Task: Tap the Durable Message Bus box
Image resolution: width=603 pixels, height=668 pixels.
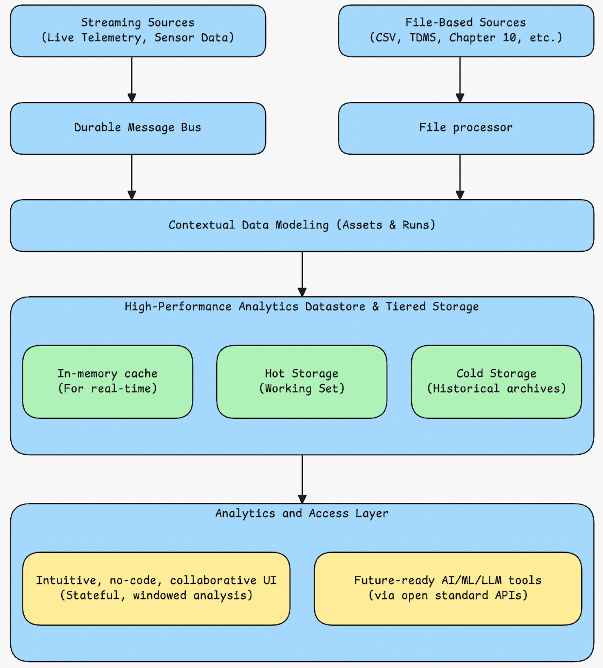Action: pos(138,128)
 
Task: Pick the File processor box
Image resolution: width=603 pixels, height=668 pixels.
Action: pos(466,128)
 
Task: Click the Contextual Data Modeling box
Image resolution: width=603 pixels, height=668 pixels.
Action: pos(302,225)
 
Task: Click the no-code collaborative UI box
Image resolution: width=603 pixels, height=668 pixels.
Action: pos(156,589)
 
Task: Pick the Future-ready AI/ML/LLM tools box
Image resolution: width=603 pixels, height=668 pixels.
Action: pos(448,589)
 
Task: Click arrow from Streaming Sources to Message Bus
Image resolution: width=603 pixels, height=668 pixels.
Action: pos(132,79)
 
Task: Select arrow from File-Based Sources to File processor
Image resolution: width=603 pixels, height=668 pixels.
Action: pos(460,79)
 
